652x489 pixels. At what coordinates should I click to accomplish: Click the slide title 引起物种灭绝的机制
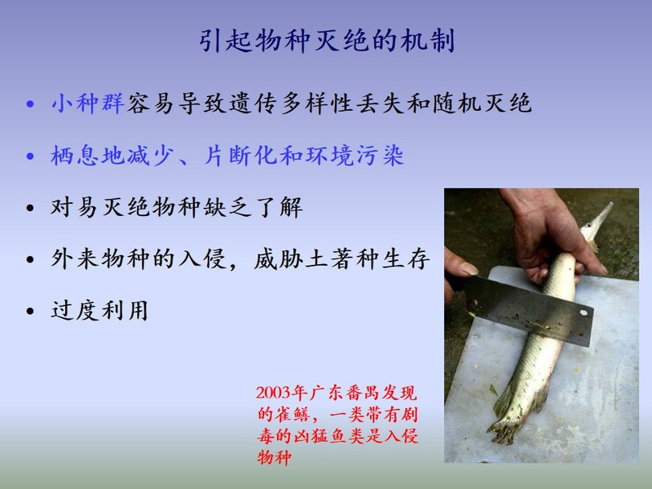point(327,41)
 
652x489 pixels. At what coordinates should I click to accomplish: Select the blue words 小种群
point(88,104)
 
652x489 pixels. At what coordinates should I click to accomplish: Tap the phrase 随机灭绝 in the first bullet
point(482,104)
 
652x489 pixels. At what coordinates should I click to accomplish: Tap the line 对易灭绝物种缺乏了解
point(177,207)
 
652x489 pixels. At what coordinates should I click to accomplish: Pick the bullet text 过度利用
point(99,311)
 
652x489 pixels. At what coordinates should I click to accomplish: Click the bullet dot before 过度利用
point(30,311)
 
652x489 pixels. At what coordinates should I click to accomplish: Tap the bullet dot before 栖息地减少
point(30,156)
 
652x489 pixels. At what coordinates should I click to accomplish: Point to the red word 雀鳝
point(293,415)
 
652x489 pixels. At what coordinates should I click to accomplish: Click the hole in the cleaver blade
point(584,312)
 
